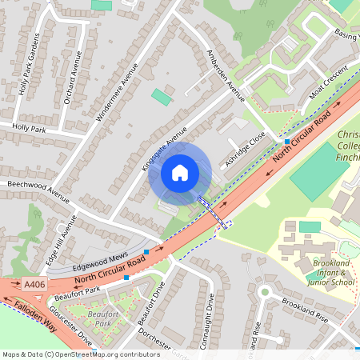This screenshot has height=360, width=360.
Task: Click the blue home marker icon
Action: click(x=179, y=172)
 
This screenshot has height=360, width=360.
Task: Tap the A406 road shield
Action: click(x=34, y=283)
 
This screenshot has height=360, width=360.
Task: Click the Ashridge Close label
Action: click(x=244, y=149)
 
